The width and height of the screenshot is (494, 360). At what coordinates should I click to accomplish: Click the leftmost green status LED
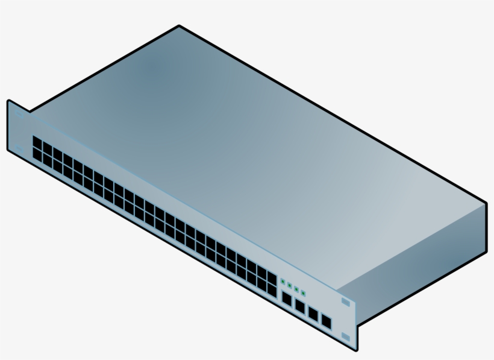[x=283, y=282]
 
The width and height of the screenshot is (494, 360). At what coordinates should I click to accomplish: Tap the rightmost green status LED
[x=303, y=293]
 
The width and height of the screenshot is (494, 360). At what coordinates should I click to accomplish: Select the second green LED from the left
[x=289, y=285]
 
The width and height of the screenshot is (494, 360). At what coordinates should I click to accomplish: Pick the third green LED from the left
[x=296, y=289]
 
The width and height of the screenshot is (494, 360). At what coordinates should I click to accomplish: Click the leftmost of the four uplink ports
[x=287, y=298]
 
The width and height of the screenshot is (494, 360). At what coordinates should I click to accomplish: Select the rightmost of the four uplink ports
[x=326, y=321]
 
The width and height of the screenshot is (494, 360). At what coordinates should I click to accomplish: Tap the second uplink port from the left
[x=299, y=306]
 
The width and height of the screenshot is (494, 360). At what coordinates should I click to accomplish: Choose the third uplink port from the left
[x=313, y=314]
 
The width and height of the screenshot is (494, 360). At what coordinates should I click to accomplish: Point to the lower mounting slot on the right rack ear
[x=345, y=336]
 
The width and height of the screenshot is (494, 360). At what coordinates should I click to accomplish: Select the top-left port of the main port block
[x=37, y=141]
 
